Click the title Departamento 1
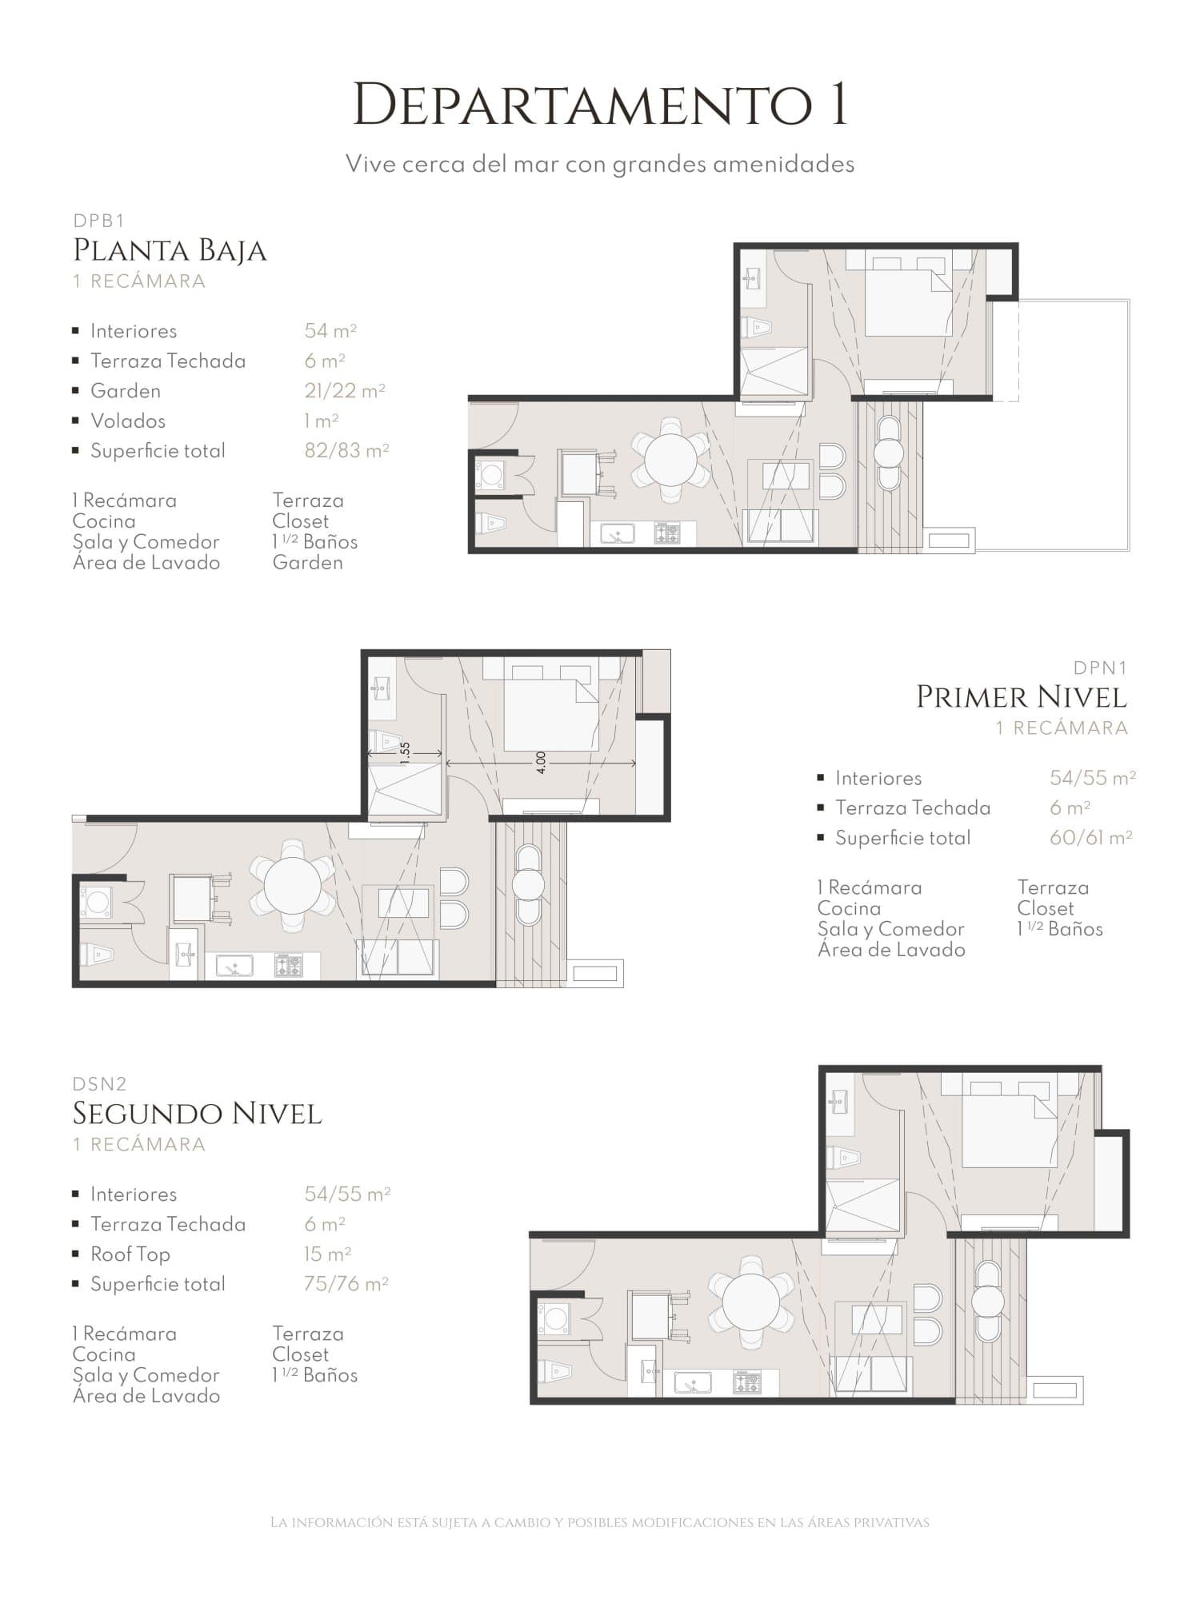coord(600,104)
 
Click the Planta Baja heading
coord(170,251)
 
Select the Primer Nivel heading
coord(1022,697)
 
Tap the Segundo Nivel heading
coord(197,1114)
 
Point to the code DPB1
coord(99,221)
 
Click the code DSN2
coord(100,1084)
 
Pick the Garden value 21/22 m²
coord(345,391)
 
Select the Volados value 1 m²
coord(322,421)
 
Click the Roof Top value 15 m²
coord(328,1254)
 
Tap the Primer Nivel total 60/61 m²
coord(1091,838)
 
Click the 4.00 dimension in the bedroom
coord(541,762)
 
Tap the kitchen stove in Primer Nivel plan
coord(289,966)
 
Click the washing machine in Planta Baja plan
coord(490,473)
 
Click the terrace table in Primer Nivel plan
coord(527,885)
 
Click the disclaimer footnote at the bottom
coord(600,1523)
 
